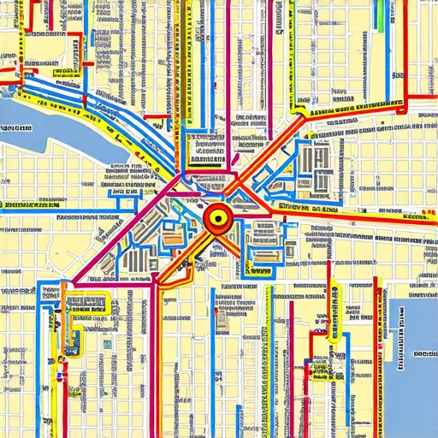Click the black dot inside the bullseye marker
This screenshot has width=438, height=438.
coord(218,218)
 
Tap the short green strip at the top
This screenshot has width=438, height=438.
coord(379,19)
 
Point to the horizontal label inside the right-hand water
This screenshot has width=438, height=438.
coord(424,352)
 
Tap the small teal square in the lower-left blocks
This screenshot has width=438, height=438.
coord(108,344)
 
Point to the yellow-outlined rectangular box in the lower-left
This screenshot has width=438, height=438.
coord(86,305)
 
